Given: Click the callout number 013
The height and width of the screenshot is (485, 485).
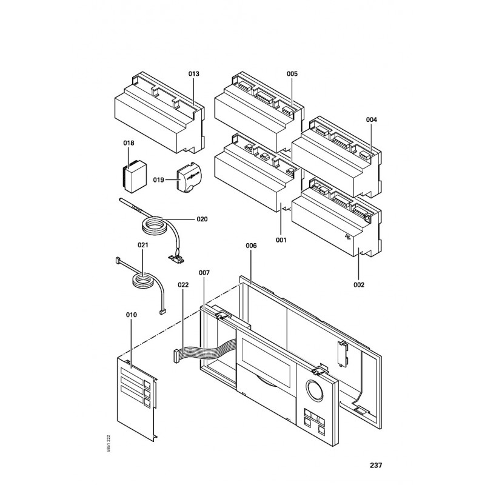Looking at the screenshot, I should [x=193, y=73].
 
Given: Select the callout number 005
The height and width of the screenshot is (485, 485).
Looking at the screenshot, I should [x=292, y=73].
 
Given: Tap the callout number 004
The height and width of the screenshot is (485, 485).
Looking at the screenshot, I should [x=372, y=119].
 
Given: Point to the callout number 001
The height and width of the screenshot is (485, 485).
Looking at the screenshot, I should [x=281, y=240].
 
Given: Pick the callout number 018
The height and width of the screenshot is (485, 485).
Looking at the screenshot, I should [x=129, y=143].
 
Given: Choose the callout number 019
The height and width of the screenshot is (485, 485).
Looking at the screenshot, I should [x=159, y=179].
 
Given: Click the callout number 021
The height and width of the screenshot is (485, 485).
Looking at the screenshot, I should [x=143, y=245].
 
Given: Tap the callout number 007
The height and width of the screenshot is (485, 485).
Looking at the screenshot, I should [x=204, y=273].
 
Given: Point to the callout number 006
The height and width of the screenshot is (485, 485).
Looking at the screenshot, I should [x=251, y=246].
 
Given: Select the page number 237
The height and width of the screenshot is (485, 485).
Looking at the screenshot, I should [x=376, y=466].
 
